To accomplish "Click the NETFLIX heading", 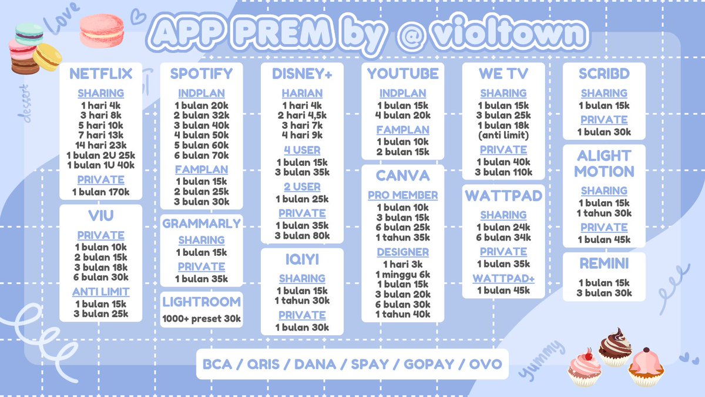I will click(100, 74).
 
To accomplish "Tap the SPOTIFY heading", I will click(202, 74).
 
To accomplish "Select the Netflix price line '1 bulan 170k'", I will click(100, 192).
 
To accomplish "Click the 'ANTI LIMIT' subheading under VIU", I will click(100, 292).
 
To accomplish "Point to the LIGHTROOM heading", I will click(202, 302).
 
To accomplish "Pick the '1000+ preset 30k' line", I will click(202, 319).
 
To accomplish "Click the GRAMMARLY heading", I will click(202, 223).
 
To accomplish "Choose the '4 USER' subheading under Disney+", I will click(302, 150).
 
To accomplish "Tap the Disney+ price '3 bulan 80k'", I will click(302, 236).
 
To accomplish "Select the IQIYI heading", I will click(302, 259).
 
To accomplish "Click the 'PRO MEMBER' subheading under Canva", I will click(403, 195).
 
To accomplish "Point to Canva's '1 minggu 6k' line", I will click(403, 274).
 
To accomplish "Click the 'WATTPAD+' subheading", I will click(503, 278).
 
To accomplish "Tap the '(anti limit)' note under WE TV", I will click(503, 136).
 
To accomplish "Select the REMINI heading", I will click(604, 264).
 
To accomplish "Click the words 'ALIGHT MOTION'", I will click(604, 164).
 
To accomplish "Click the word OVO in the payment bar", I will click(485, 364).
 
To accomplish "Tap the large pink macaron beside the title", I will click(102, 31).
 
